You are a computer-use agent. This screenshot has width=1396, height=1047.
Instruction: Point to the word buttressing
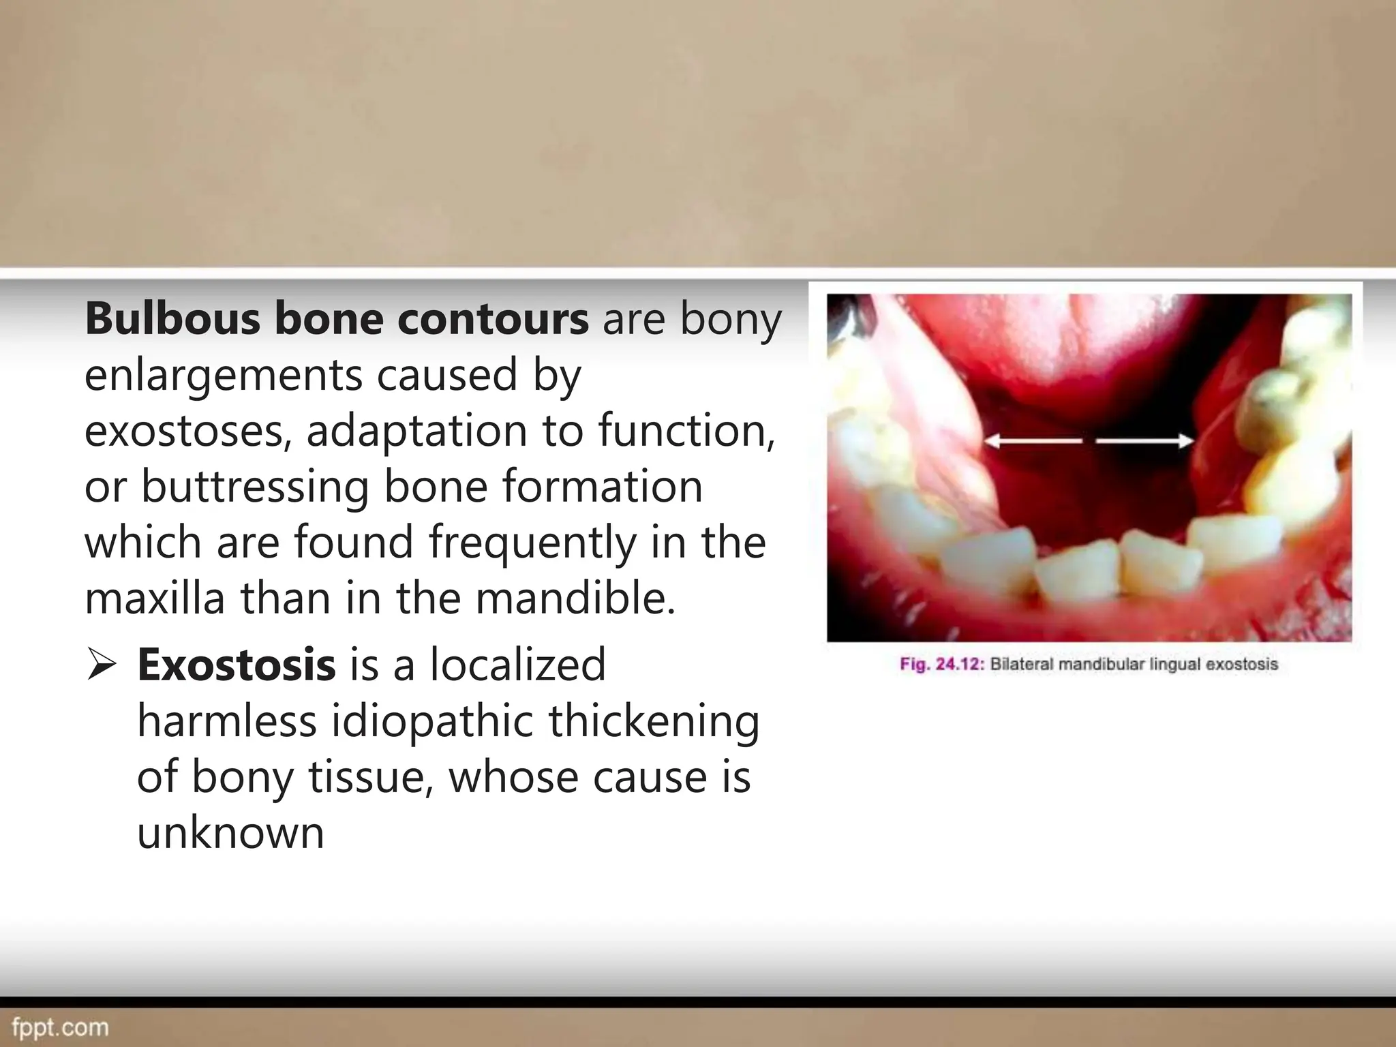pos(254,487)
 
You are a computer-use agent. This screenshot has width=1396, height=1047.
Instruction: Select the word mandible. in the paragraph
pos(575,598)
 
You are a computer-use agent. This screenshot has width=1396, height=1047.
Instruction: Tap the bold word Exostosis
pos(236,665)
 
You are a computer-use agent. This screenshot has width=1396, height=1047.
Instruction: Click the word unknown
pos(230,832)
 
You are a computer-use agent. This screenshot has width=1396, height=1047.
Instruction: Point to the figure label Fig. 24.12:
pos(941,664)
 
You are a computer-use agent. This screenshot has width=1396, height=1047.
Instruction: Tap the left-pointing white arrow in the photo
pos(1033,442)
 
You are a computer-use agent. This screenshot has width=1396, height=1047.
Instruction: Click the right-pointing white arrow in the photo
pos(1145,442)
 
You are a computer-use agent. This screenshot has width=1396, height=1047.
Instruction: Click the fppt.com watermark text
pos(60,1027)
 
